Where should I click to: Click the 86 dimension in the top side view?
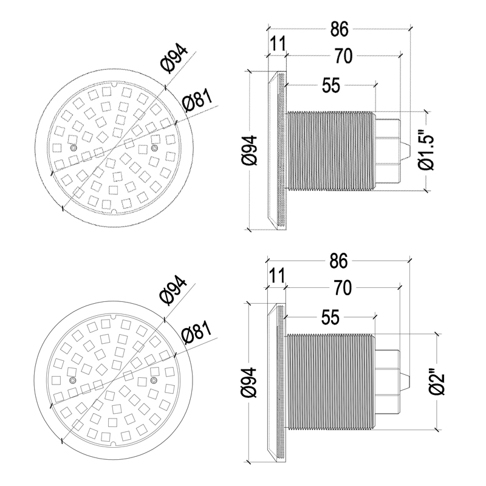tap(339, 29)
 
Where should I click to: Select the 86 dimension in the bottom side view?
tap(338, 261)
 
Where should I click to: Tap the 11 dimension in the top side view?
tap(278, 44)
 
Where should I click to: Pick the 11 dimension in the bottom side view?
tap(277, 276)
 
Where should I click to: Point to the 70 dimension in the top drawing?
tap(343, 56)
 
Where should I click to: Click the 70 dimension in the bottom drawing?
tap(343, 288)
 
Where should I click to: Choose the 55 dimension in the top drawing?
tap(331, 85)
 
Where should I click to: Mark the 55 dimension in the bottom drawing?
tap(330, 317)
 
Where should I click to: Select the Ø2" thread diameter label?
tap(437, 381)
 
